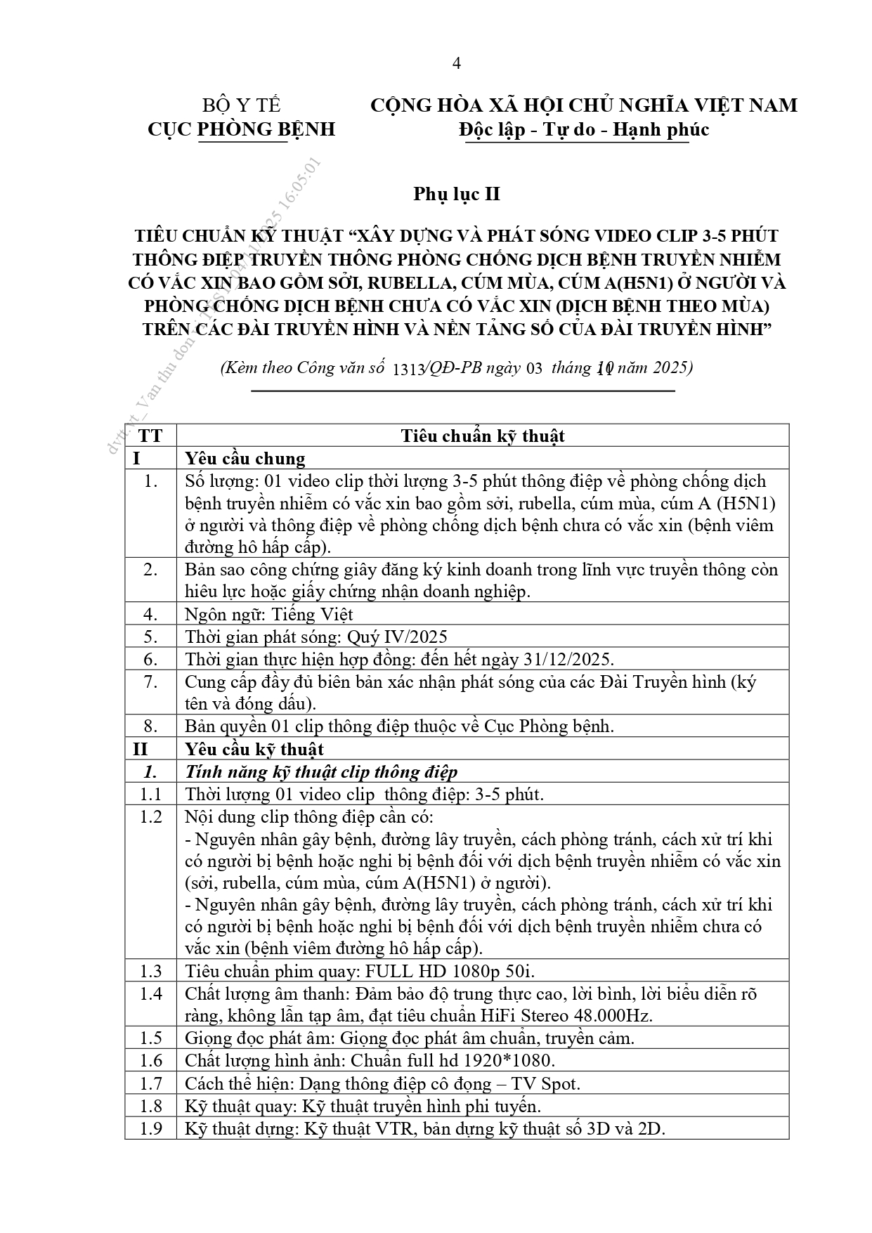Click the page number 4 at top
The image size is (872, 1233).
[x=457, y=64]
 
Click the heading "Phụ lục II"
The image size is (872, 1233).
[x=457, y=194]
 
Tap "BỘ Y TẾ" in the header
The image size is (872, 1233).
[x=242, y=105]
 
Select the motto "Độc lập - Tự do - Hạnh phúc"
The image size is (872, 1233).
[x=583, y=130]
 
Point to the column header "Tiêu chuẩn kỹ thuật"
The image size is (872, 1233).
[x=483, y=436]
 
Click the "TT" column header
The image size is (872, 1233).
[x=150, y=436]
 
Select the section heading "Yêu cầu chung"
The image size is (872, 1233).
[x=245, y=459]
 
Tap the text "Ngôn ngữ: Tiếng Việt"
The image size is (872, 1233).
[x=268, y=614]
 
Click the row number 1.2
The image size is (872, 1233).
[x=150, y=816]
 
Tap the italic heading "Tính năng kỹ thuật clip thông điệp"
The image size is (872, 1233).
[x=321, y=772]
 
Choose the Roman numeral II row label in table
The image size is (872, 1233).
[x=141, y=749]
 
